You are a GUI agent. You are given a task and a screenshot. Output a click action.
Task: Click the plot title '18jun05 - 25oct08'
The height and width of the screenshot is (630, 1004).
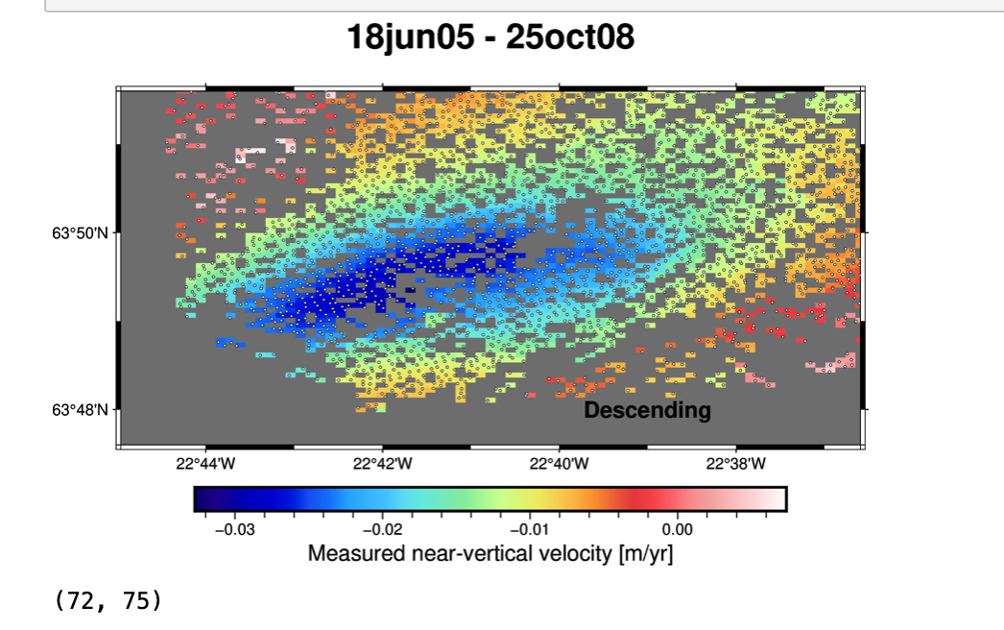[x=490, y=37]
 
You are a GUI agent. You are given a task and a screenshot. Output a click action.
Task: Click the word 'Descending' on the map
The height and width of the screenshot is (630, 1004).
[x=648, y=411]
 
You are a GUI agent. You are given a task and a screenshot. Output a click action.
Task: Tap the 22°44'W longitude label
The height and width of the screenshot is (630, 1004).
[x=205, y=465]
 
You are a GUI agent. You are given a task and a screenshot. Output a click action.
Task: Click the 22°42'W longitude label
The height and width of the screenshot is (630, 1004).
[x=382, y=465]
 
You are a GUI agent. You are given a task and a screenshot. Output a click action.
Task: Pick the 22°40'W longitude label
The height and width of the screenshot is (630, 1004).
[x=559, y=465]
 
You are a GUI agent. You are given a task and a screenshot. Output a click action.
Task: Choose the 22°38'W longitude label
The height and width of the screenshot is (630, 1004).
[x=735, y=465]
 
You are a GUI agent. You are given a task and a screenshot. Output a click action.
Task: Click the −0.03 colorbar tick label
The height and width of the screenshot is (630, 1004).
[x=234, y=529]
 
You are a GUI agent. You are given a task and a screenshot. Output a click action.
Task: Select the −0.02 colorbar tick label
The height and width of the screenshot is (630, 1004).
[x=382, y=529]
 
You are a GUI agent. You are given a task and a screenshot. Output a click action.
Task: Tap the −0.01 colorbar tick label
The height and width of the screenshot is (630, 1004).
[x=530, y=529]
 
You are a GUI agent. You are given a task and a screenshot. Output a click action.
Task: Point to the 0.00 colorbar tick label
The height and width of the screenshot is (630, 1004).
[x=678, y=529]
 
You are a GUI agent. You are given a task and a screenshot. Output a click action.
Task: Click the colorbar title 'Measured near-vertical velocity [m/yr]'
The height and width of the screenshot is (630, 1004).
[x=490, y=554]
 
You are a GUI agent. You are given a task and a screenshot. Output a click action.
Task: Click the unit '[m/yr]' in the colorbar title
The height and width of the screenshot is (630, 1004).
[x=643, y=554]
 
